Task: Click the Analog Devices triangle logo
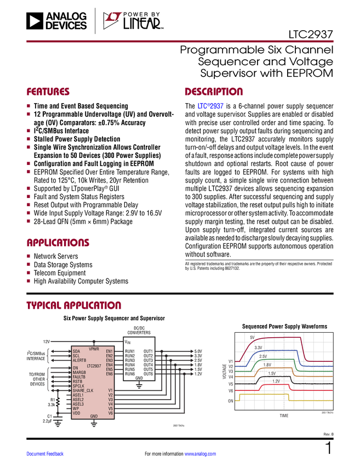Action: (x=34, y=21)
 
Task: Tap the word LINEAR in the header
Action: (x=141, y=24)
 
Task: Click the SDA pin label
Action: (x=76, y=351)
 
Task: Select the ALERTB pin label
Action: (x=79, y=360)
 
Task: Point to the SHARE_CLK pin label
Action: (x=83, y=390)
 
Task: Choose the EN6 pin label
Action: (x=110, y=374)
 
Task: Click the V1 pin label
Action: (x=110, y=390)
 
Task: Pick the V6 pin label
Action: (x=110, y=413)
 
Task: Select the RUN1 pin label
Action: (x=130, y=351)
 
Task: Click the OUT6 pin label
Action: (x=148, y=374)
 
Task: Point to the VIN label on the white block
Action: (x=128, y=342)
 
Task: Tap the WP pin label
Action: (x=76, y=408)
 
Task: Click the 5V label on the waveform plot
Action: (x=252, y=337)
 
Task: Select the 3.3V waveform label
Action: (x=258, y=348)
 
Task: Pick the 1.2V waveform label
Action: (x=276, y=380)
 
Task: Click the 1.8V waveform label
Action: (x=267, y=365)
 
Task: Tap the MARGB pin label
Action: (x=79, y=373)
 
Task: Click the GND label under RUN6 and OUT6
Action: (x=139, y=378)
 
